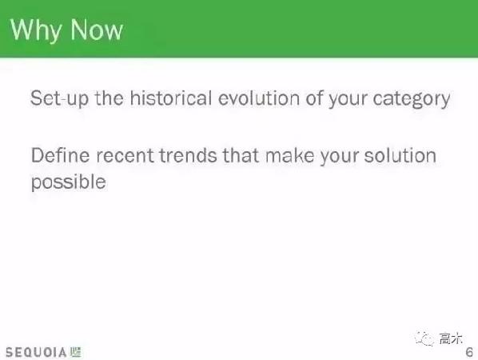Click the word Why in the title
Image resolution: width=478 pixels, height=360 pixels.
37,30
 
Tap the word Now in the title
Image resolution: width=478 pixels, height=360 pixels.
96,30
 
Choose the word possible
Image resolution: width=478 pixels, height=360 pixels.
68,182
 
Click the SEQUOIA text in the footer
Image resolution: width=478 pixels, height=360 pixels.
35,351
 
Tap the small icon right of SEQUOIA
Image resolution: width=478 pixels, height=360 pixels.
76,351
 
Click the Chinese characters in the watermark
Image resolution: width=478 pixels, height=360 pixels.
452,338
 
